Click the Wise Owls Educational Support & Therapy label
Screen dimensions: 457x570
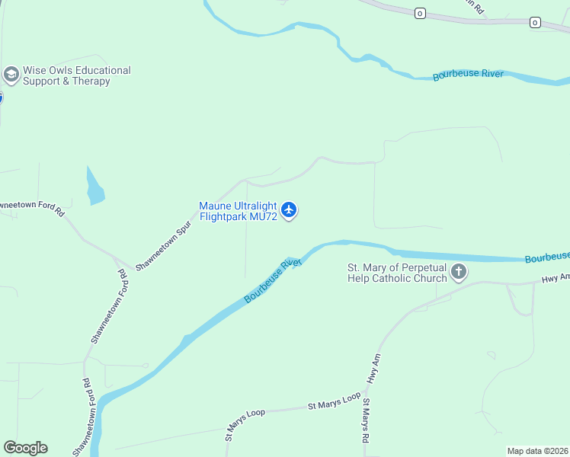coord(76,75)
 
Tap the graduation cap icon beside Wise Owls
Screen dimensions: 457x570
coord(11,75)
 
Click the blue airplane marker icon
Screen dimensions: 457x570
coord(289,209)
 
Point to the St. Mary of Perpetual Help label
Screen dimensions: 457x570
coord(397,273)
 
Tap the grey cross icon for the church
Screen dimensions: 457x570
coord(459,272)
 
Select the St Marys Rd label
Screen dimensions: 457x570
coord(367,421)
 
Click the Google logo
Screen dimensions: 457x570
coord(25,448)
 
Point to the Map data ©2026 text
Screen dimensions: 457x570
coord(537,451)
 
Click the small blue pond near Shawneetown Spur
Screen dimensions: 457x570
coord(95,188)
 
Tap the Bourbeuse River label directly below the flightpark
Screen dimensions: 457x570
coord(273,281)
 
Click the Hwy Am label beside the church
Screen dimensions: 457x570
coord(556,278)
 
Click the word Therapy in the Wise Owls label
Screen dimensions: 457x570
coord(91,81)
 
